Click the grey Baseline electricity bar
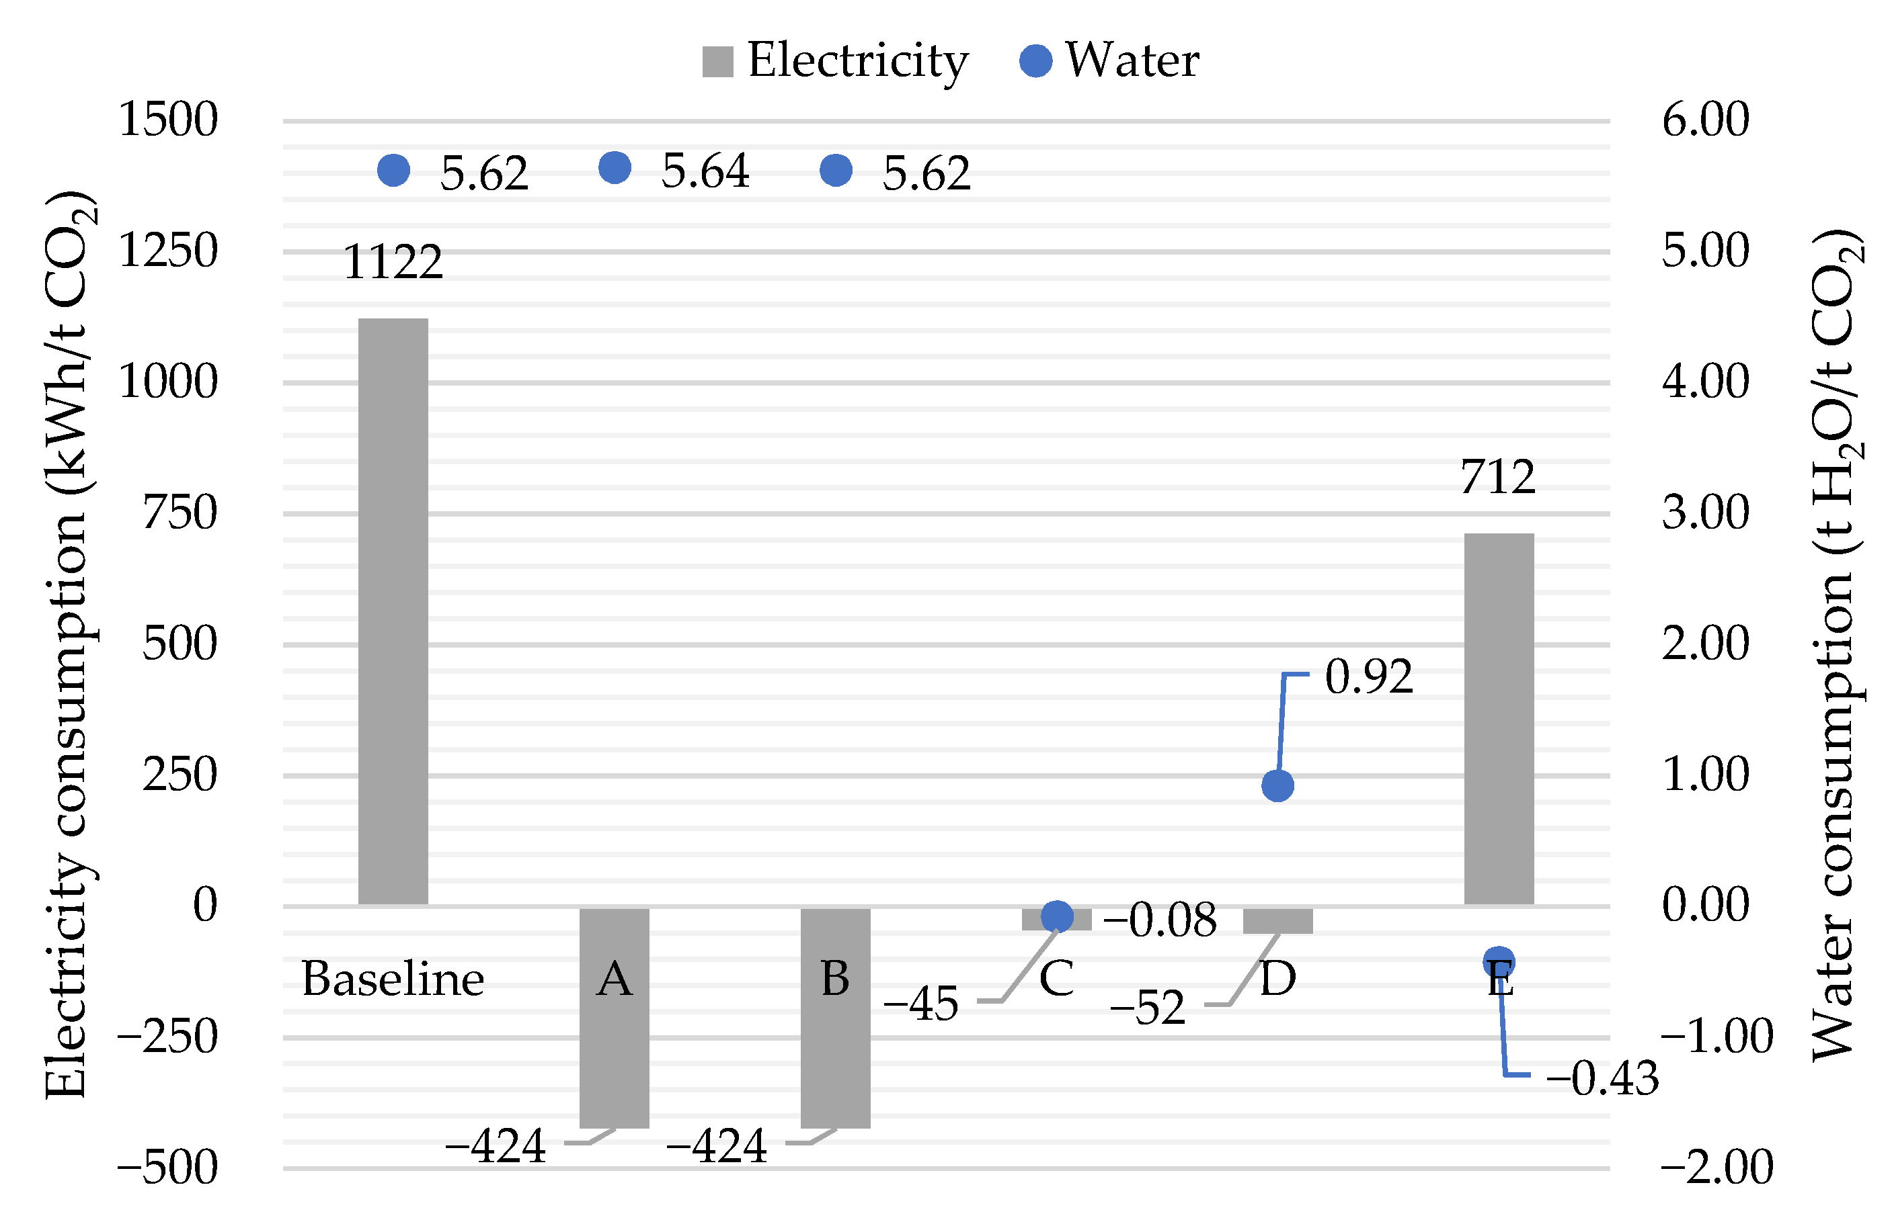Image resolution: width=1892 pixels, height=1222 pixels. pyautogui.click(x=393, y=611)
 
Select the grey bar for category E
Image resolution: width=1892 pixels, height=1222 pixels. pyautogui.click(x=1498, y=719)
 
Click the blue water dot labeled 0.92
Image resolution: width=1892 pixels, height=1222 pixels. pyautogui.click(x=1277, y=785)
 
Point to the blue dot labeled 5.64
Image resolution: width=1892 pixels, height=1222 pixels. pyautogui.click(x=614, y=167)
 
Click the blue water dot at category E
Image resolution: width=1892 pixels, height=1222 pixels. pyautogui.click(x=1498, y=963)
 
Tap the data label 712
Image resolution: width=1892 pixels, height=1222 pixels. pyautogui.click(x=1497, y=477)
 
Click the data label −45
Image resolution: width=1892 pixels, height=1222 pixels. pyautogui.click(x=920, y=1004)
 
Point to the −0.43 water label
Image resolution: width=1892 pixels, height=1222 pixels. pyautogui.click(x=1602, y=1078)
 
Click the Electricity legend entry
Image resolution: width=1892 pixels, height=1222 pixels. pyautogui.click(x=835, y=60)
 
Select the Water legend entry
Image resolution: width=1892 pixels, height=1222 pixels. pyautogui.click(x=1109, y=60)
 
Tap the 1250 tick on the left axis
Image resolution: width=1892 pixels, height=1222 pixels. pyautogui.click(x=167, y=251)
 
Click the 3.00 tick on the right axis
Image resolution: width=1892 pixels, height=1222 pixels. pyautogui.click(x=1704, y=512)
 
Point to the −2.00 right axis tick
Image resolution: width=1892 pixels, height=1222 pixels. pyautogui.click(x=1716, y=1166)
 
